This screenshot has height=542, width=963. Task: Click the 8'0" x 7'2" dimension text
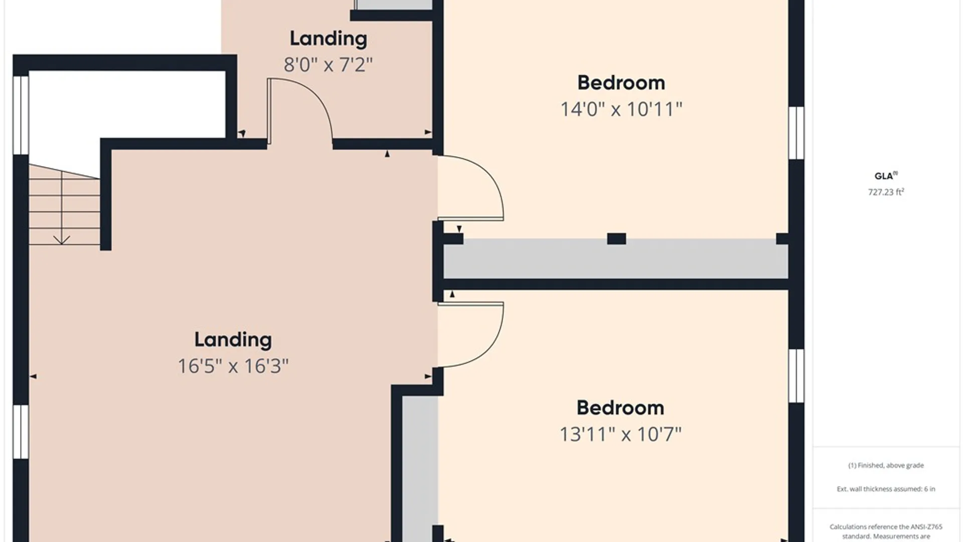(x=328, y=65)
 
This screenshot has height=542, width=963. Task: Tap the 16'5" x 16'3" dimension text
(x=233, y=366)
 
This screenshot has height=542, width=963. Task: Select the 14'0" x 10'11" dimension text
(x=621, y=109)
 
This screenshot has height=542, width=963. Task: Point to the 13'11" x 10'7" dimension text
(x=620, y=434)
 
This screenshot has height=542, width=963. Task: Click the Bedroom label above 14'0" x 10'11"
(x=621, y=83)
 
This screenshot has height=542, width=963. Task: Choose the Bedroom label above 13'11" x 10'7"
(x=620, y=408)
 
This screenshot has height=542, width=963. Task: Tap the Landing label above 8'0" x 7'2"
(x=328, y=39)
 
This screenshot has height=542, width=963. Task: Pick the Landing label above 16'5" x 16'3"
(x=233, y=340)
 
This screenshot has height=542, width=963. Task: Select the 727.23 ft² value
(x=886, y=192)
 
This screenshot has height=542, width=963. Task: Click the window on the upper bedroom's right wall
(x=796, y=133)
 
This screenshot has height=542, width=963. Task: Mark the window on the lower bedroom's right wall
(x=796, y=376)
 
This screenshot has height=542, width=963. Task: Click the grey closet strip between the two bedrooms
(x=616, y=259)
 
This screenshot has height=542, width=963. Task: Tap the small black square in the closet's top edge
(x=616, y=238)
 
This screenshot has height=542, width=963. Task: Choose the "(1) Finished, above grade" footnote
(x=886, y=465)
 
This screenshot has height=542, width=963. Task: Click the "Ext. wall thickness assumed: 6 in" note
(x=886, y=489)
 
